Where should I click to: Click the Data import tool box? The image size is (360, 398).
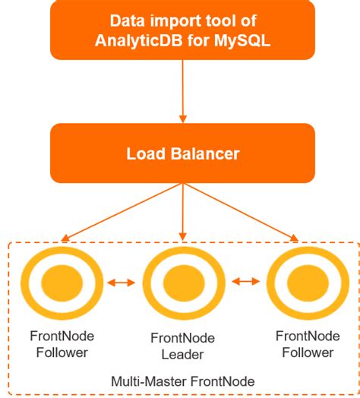[182, 30]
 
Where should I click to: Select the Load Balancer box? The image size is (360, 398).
[182, 155]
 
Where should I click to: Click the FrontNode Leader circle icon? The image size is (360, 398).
[182, 283]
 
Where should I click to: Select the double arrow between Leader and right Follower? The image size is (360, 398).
[245, 283]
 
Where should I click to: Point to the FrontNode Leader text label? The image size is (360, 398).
[182, 346]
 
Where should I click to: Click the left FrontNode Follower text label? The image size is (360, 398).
[59, 344]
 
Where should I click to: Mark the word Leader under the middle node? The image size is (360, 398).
[182, 354]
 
